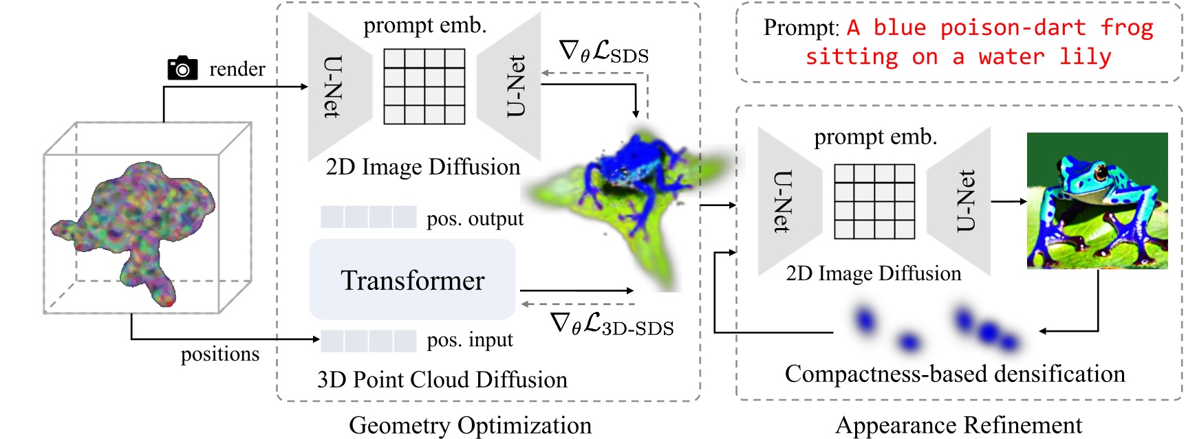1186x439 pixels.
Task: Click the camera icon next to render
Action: (x=182, y=68)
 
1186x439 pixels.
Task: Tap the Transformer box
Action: (x=412, y=280)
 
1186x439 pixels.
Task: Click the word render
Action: (x=237, y=69)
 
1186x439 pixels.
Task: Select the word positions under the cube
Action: (x=220, y=354)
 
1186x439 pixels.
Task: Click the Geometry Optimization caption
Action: (x=470, y=425)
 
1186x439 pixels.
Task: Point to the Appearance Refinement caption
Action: (x=958, y=425)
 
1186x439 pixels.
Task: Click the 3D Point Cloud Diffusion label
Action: (x=442, y=379)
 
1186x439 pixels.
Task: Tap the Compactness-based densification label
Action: (x=955, y=374)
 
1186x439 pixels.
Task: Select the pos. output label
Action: (x=475, y=218)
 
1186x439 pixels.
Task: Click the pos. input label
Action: (x=470, y=339)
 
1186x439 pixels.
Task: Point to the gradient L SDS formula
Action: (x=604, y=52)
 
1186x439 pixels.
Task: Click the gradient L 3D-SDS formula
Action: (x=612, y=324)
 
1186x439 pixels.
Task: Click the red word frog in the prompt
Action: (x=1126, y=27)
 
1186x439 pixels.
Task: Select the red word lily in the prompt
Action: (x=1085, y=56)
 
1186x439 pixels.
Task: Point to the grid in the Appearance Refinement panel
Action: (x=874, y=201)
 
